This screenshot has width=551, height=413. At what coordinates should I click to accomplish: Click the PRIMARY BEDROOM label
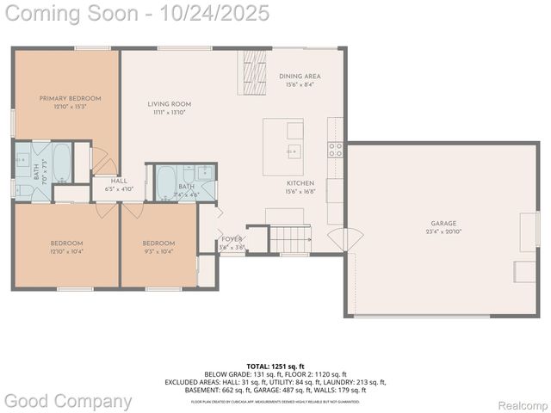click(x=70, y=98)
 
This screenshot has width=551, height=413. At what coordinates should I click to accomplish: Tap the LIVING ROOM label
click(x=169, y=104)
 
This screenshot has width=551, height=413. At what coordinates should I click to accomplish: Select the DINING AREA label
click(x=300, y=77)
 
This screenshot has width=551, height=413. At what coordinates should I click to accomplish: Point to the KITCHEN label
click(x=300, y=183)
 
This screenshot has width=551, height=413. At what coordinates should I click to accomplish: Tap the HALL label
click(x=118, y=181)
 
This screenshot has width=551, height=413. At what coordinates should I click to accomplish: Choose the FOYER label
click(x=232, y=239)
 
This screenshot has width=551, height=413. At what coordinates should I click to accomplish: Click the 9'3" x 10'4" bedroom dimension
click(x=158, y=251)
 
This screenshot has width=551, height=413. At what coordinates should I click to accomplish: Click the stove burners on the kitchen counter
click(x=336, y=147)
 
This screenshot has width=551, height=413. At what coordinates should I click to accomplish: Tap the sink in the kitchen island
click(x=294, y=151)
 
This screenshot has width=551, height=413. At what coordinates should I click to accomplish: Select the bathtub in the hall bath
click(x=165, y=182)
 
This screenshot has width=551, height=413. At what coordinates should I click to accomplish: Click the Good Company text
click(x=68, y=401)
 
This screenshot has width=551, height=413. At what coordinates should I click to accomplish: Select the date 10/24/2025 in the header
click(x=207, y=13)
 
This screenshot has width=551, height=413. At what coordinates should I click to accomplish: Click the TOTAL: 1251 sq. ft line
click(x=275, y=366)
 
